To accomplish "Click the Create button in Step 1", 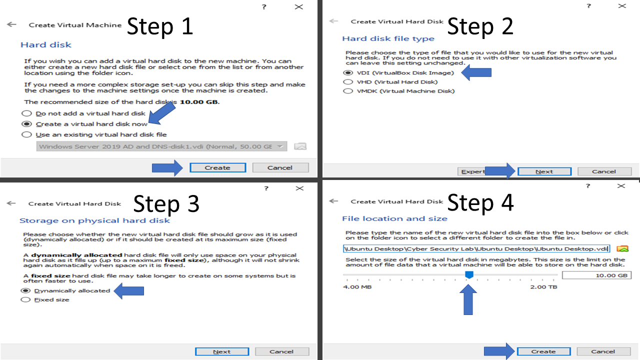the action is click(x=217, y=167).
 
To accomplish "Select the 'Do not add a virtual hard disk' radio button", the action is click(x=26, y=113).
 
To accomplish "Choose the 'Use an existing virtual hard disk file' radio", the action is click(x=26, y=134).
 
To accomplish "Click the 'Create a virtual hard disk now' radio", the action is click(x=26, y=124).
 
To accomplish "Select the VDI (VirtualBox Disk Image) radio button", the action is click(x=348, y=73).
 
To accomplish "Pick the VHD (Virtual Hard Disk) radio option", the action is click(x=348, y=82).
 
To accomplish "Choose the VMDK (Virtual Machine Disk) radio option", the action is click(x=348, y=91).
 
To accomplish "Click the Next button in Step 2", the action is click(x=544, y=171).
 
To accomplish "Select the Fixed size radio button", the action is click(x=25, y=299).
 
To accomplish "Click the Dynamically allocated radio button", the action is click(x=25, y=290).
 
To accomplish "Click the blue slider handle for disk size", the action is click(x=469, y=275).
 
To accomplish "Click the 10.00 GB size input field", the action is click(x=596, y=275).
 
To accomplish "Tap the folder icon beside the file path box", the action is click(x=622, y=249).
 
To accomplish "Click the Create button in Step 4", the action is click(x=543, y=351).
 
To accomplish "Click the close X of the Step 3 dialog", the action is click(x=299, y=188).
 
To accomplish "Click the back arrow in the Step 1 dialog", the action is click(x=11, y=24).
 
